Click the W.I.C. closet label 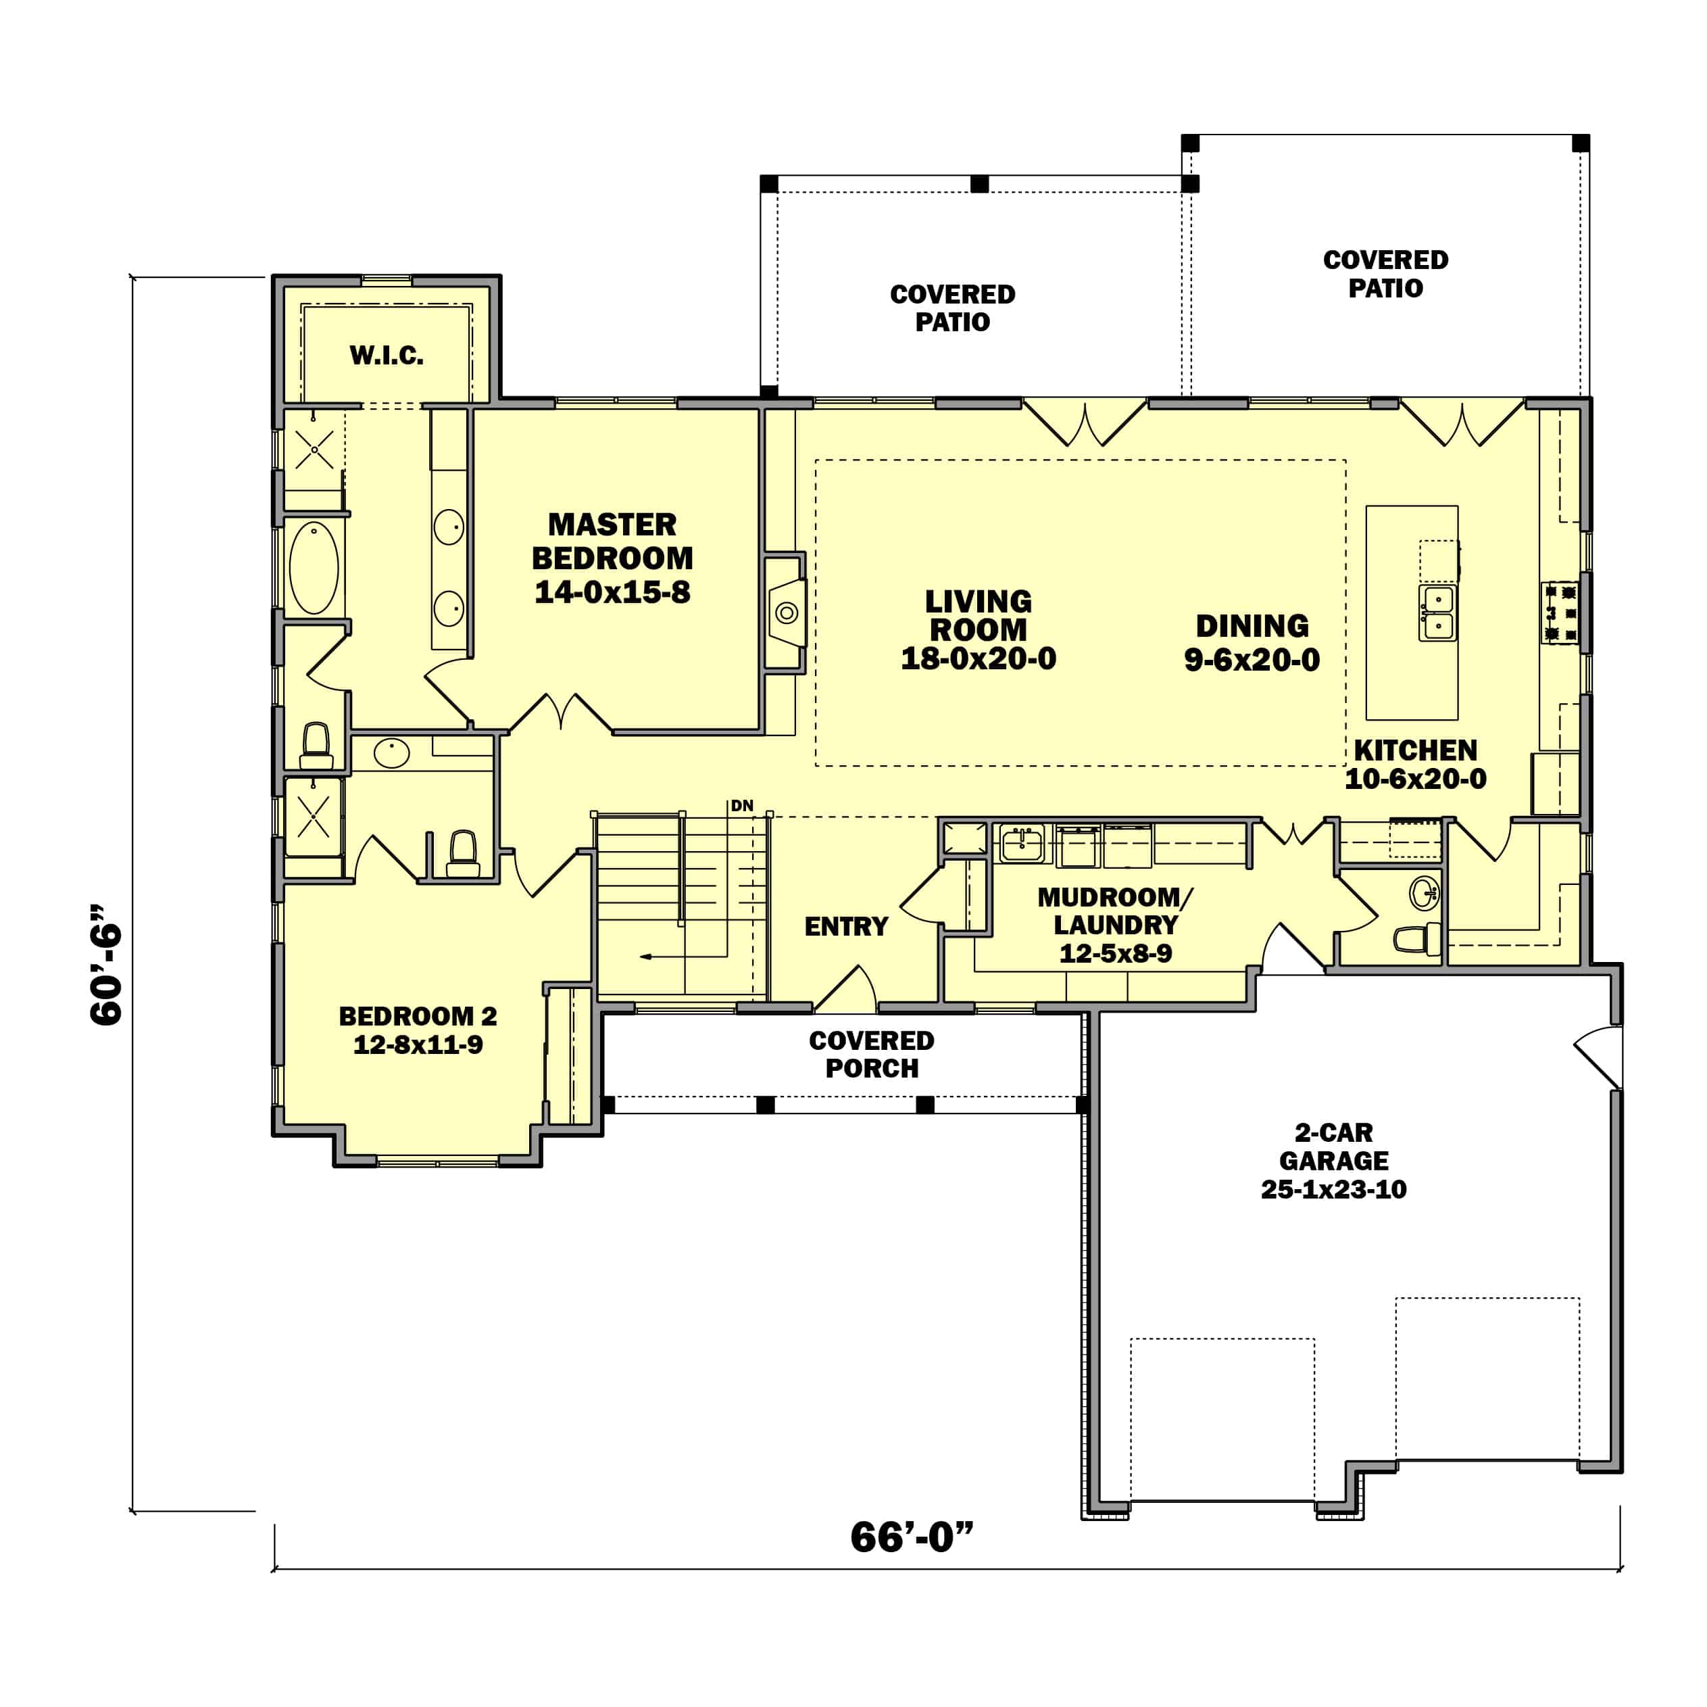tap(386, 356)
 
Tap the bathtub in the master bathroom tap(314, 569)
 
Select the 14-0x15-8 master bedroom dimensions tap(612, 592)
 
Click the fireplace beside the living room tap(785, 612)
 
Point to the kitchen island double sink tap(1437, 612)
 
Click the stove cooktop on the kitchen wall tap(1560, 612)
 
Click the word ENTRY tap(845, 926)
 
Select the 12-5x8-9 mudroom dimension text tap(1115, 954)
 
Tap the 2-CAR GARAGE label tap(1333, 1147)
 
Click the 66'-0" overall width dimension tap(911, 1537)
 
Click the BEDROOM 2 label tap(418, 1015)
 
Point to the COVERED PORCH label tap(871, 1055)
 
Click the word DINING tap(1252, 626)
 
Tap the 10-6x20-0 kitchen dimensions tap(1416, 779)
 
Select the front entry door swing tap(847, 989)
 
